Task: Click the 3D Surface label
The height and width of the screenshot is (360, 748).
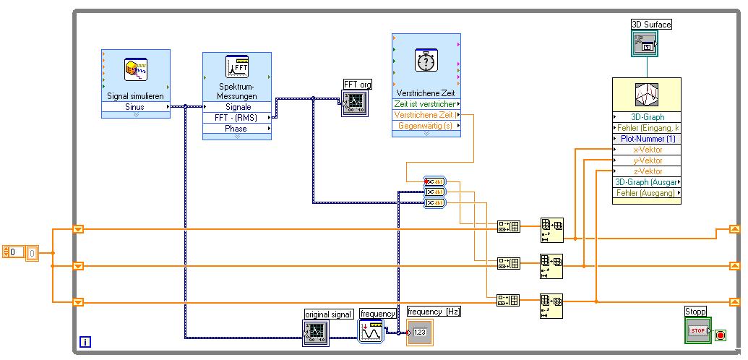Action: (x=651, y=25)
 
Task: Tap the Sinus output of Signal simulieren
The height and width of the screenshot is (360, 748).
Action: (x=135, y=107)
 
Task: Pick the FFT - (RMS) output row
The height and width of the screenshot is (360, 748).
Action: (x=236, y=118)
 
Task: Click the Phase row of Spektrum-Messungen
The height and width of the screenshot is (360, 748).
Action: (x=236, y=129)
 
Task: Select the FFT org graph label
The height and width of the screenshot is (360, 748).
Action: (x=358, y=85)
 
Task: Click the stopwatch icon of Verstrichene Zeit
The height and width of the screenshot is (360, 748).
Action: (x=426, y=62)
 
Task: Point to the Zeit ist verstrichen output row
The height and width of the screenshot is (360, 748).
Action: (x=426, y=104)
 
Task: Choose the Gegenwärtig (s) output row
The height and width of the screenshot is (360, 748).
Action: (x=426, y=126)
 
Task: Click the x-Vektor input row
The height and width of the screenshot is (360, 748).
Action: (x=647, y=150)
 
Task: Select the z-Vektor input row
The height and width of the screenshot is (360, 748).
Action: (x=647, y=171)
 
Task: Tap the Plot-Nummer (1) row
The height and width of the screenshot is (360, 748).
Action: (x=647, y=139)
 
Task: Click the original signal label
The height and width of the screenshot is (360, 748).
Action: (x=329, y=314)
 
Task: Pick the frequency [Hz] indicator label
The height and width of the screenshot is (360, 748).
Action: (x=434, y=312)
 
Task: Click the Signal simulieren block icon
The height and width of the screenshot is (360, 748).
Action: (x=135, y=70)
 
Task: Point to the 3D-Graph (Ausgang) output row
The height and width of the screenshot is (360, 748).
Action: (x=647, y=182)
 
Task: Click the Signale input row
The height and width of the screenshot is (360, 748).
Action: (x=236, y=107)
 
